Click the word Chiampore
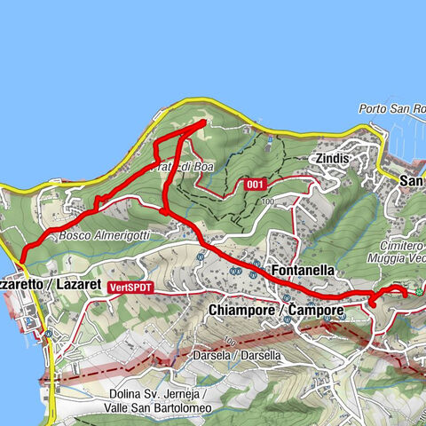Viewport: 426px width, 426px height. click(x=240, y=311)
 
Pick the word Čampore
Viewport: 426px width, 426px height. click(x=317, y=311)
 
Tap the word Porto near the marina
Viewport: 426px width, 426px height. click(x=374, y=109)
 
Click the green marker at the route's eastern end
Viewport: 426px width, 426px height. click(x=418, y=292)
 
